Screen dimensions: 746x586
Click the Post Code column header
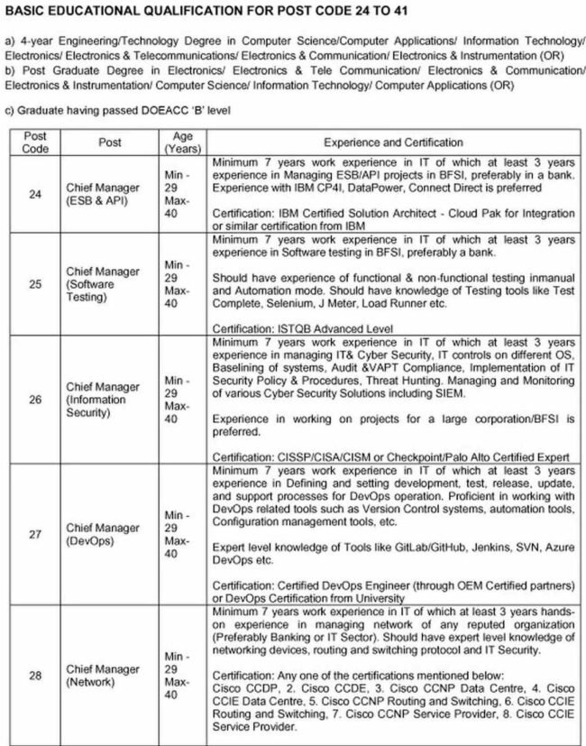(34, 142)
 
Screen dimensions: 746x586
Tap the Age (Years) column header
(176, 142)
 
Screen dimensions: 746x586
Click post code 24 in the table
(34, 193)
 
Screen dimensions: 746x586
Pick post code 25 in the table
(34, 283)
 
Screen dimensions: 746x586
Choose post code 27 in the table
(34, 534)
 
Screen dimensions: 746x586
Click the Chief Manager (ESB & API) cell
(103, 193)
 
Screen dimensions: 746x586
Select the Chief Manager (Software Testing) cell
(103, 283)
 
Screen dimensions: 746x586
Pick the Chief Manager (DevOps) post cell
(103, 534)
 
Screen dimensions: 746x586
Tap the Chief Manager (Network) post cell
(103, 676)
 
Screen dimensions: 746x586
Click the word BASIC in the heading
(27, 10)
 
